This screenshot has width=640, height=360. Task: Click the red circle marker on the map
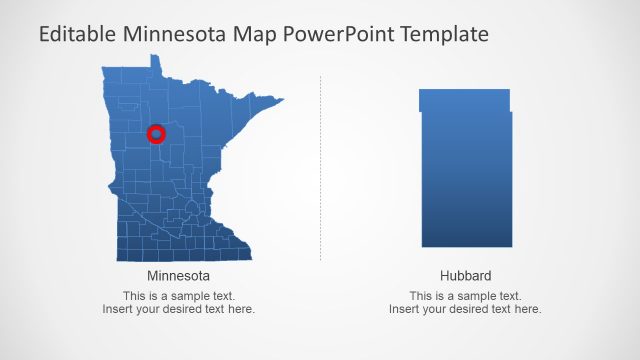pyautogui.click(x=156, y=133)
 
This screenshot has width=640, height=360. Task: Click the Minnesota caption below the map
pyautogui.click(x=178, y=276)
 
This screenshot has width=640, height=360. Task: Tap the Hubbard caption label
pyautogui.click(x=465, y=276)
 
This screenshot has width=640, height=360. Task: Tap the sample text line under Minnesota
pyautogui.click(x=178, y=296)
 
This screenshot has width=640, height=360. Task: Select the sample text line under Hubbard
pyautogui.click(x=465, y=296)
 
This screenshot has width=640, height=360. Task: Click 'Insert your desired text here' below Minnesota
pyautogui.click(x=178, y=309)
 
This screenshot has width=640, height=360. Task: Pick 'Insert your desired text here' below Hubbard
pyautogui.click(x=465, y=309)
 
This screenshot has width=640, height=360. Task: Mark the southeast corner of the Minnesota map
pyautogui.click(x=250, y=257)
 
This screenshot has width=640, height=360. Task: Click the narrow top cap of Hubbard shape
pyautogui.click(x=464, y=99)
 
